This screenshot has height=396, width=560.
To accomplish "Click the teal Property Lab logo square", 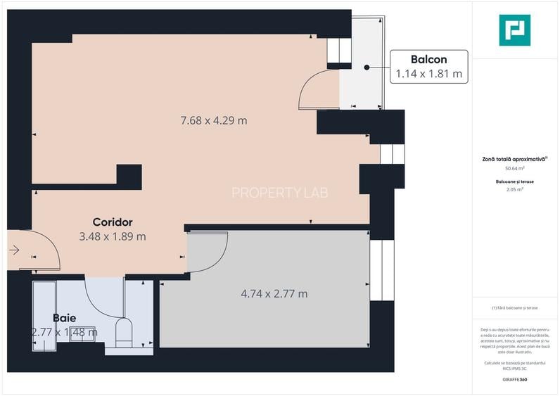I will pos(514,30).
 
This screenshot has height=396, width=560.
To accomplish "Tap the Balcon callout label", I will pos(429,60).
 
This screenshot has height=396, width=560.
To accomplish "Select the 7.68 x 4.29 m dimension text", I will pos(214,120).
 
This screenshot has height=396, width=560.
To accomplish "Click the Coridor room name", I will pos(113,222).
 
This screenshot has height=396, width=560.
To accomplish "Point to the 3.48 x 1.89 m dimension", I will pos(113,236).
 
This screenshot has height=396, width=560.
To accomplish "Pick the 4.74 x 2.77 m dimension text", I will pos(274,293).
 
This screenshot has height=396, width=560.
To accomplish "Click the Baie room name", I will pos(64,318).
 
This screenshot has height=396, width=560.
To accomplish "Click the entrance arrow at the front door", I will pos(14,249).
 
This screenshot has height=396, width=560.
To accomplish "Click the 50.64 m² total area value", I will pos(516,169).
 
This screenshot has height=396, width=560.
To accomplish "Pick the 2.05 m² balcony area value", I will pos(516,189).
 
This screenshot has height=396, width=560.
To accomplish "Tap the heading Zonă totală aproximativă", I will pos(515,160).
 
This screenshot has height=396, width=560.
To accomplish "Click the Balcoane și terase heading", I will pos(516,181).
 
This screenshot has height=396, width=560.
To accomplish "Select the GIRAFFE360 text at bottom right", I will pos(514,380).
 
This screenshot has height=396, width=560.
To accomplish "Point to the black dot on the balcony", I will pos(367,67).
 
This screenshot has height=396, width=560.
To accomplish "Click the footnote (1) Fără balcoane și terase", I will pos(516,309).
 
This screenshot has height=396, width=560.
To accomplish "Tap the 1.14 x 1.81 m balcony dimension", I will pos(429,73).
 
